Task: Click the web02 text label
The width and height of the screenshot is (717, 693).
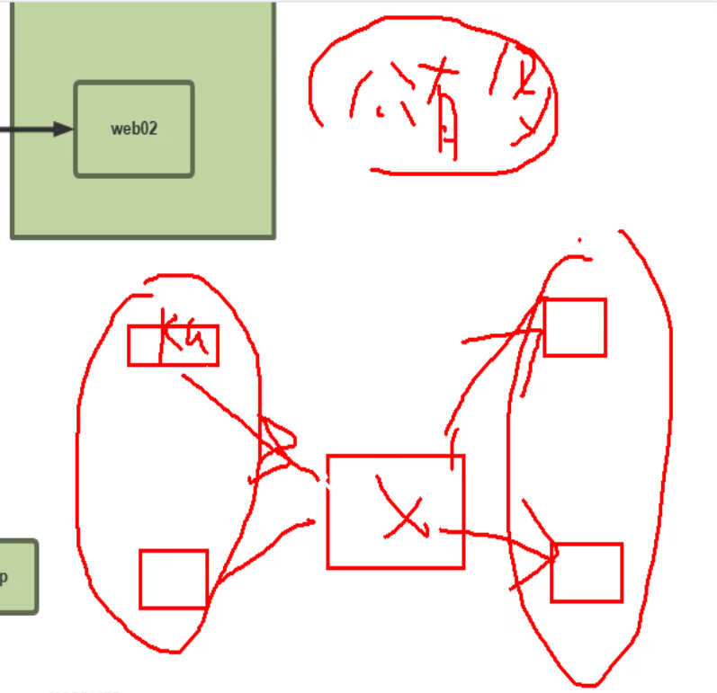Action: point(134,129)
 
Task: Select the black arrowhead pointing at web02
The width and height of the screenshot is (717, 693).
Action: point(62,129)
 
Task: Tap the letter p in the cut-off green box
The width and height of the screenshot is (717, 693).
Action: point(4,577)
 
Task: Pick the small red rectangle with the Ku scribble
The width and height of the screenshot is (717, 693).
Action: point(173,345)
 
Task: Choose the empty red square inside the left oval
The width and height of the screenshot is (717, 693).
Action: point(174,579)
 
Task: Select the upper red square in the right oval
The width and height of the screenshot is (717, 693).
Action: point(575,327)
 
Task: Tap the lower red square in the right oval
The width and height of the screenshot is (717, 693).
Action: point(587,573)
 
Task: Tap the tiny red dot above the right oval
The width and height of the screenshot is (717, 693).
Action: point(579,240)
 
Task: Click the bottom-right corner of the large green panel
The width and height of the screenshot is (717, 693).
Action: point(273,236)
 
